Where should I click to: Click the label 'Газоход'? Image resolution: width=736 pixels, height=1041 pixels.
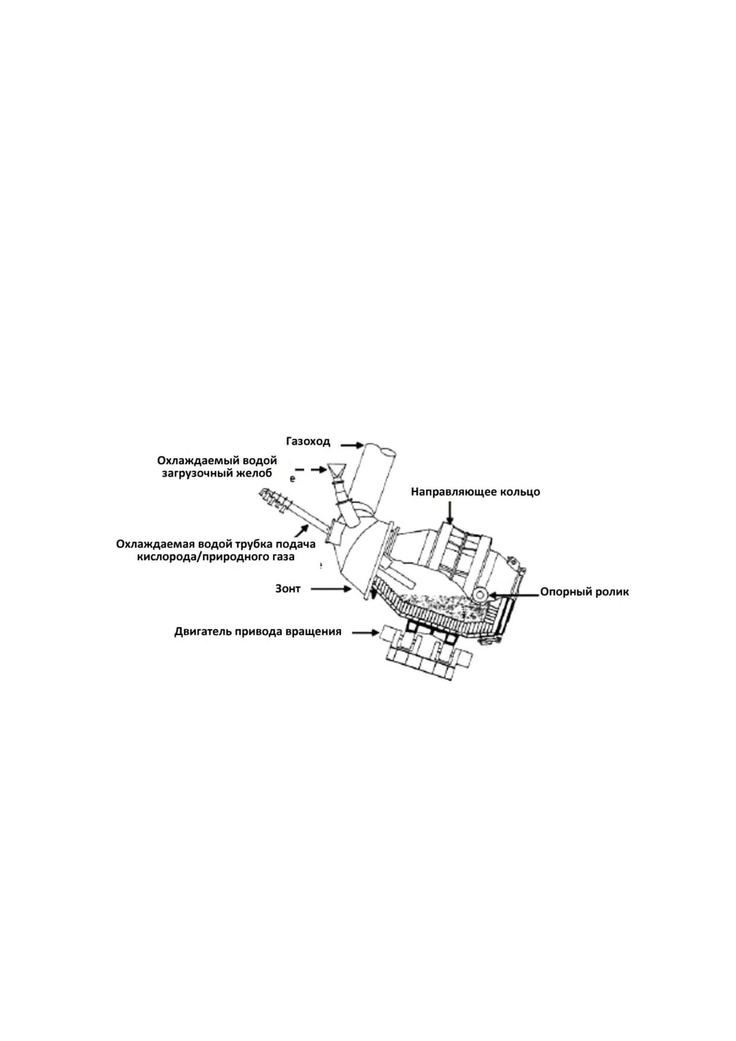pyautogui.click(x=307, y=442)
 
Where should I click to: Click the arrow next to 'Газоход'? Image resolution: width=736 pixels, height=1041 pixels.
pyautogui.click(x=351, y=444)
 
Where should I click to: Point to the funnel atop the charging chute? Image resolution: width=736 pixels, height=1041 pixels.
pyautogui.click(x=335, y=470)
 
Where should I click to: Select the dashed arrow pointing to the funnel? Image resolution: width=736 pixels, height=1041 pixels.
pyautogui.click(x=311, y=469)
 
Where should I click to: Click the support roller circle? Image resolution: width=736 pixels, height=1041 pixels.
pyautogui.click(x=480, y=594)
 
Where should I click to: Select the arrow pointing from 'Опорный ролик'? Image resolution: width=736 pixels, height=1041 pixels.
pyautogui.click(x=513, y=593)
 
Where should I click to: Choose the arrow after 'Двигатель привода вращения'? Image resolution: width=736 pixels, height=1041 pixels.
pyautogui.click(x=365, y=633)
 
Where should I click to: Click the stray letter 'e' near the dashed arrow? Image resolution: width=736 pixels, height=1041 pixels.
pyautogui.click(x=293, y=479)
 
